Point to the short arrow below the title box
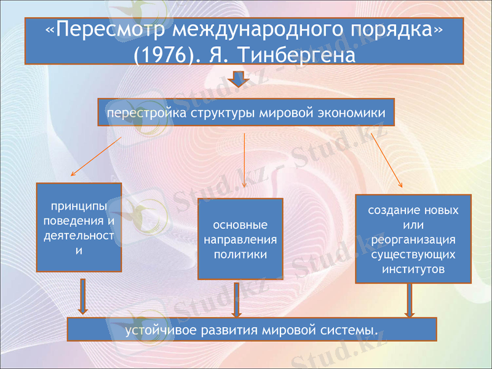click(238, 79)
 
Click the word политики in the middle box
click(240, 254)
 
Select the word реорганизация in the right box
click(413, 239)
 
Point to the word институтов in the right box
click(413, 269)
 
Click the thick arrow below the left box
click(84, 296)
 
